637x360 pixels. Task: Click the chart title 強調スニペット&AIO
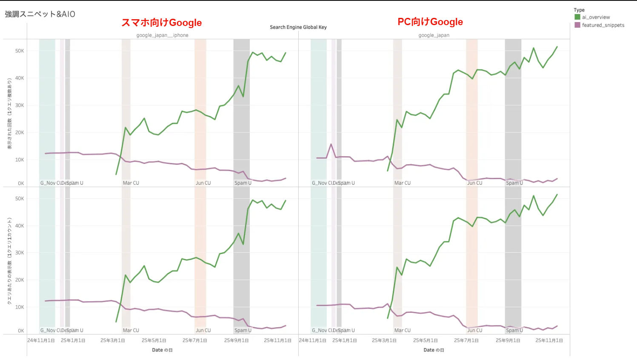(40, 14)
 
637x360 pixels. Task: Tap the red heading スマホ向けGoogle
(162, 23)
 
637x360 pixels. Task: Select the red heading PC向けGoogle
(430, 22)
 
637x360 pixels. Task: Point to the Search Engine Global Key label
(298, 27)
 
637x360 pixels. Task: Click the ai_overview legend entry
(596, 17)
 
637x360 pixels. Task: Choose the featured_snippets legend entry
(603, 25)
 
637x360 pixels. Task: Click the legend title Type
(579, 10)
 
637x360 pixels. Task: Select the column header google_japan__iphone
(162, 35)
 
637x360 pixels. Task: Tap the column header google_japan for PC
(434, 35)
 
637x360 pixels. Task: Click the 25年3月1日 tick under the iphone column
(113, 340)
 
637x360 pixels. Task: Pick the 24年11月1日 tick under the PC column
(312, 340)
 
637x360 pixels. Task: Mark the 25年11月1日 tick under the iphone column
(277, 340)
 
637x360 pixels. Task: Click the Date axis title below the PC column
(434, 350)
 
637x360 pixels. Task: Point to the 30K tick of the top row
(20, 105)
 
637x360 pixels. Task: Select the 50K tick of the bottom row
(20, 198)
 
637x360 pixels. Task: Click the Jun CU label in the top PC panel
(474, 183)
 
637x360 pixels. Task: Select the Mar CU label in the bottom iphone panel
(131, 330)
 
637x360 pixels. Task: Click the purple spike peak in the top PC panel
(331, 144)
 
